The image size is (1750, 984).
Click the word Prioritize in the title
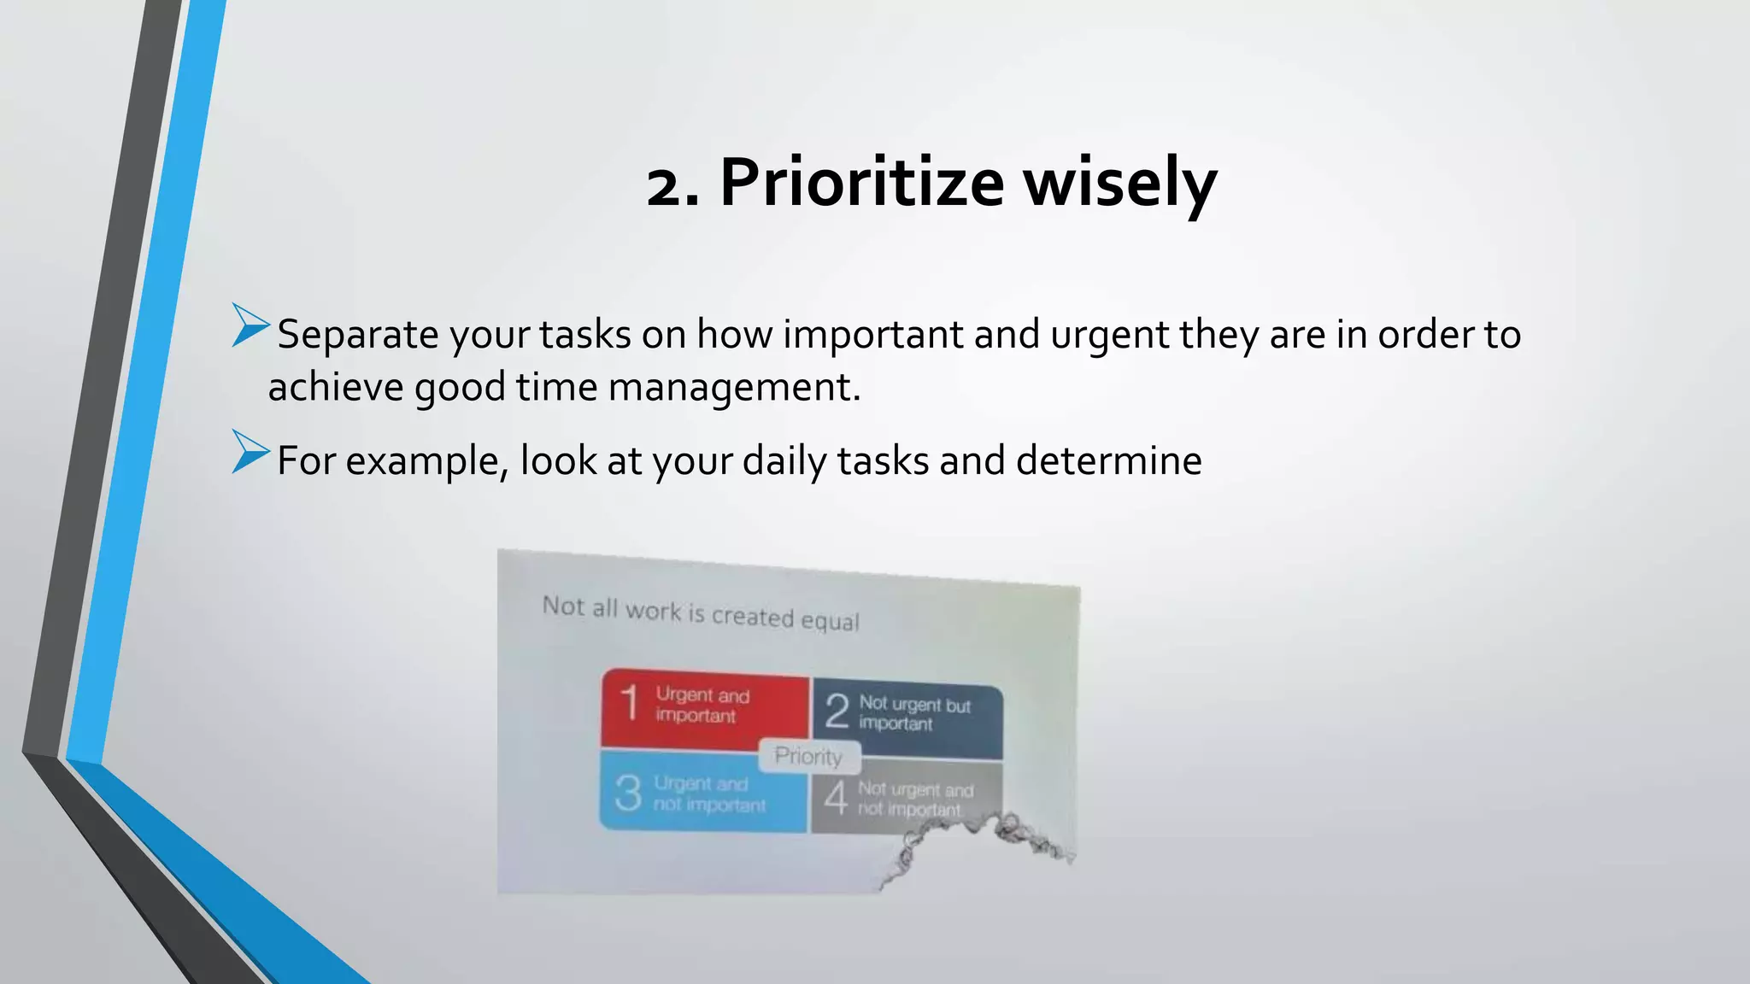click(861, 182)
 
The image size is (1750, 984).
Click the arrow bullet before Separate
click(250, 325)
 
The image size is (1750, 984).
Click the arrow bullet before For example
click(250, 452)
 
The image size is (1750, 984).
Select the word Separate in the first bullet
click(357, 334)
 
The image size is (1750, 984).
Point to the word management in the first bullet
click(734, 387)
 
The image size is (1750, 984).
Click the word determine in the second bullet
click(1108, 461)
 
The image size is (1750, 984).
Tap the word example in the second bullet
click(427, 461)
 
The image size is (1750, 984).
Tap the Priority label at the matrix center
click(808, 756)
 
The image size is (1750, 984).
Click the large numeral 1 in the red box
click(630, 704)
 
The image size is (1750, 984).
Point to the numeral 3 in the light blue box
click(628, 794)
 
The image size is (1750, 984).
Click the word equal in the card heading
click(829, 620)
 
